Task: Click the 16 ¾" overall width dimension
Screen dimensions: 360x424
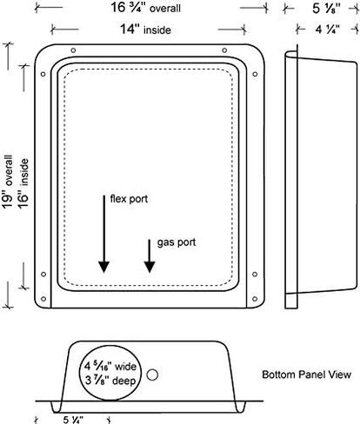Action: [x=145, y=8]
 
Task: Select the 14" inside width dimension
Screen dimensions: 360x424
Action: [x=145, y=30]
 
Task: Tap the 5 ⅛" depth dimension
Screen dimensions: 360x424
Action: [x=326, y=8]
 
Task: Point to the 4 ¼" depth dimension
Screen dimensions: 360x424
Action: [x=328, y=29]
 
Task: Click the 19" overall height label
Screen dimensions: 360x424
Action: [x=8, y=182]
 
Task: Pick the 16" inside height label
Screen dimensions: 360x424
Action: [x=23, y=183]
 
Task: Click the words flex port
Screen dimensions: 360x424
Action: [x=129, y=199]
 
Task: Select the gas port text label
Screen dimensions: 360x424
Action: [x=177, y=242]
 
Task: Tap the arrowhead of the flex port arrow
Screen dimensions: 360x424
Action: [x=103, y=267]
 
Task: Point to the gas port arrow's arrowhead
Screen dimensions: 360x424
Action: [x=150, y=267]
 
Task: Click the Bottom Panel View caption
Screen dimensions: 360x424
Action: [x=307, y=374]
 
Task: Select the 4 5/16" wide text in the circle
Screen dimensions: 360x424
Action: [x=110, y=367]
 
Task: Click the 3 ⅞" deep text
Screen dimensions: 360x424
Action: [x=110, y=381]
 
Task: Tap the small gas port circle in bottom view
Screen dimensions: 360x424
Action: [x=152, y=374]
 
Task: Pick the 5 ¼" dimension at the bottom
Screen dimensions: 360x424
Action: [x=73, y=420]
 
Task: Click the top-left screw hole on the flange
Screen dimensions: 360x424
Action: [x=73, y=50]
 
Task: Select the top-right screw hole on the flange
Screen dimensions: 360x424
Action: [x=224, y=50]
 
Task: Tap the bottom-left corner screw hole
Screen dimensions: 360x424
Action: [x=43, y=299]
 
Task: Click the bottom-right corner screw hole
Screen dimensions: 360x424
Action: [x=255, y=299]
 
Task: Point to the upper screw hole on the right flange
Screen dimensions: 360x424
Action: [x=255, y=74]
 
